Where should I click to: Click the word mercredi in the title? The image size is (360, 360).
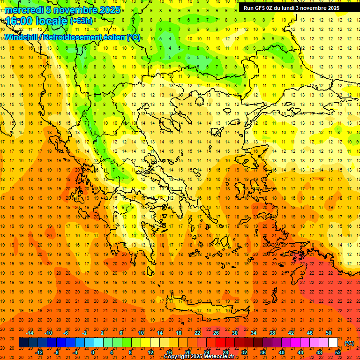(x=24, y=10)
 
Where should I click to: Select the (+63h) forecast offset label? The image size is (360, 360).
(x=81, y=21)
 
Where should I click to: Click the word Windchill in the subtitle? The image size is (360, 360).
(x=21, y=37)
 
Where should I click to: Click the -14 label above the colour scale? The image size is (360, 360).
(x=30, y=333)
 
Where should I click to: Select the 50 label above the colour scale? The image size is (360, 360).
(x=329, y=333)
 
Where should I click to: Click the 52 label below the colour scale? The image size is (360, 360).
(x=338, y=352)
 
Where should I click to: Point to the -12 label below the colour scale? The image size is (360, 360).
(x=39, y=352)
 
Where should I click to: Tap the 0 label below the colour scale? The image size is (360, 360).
(x=93, y=352)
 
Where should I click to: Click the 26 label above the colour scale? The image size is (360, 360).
(x=216, y=333)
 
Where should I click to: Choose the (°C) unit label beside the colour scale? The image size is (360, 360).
(x=349, y=343)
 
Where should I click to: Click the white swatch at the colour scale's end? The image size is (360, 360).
(x=333, y=343)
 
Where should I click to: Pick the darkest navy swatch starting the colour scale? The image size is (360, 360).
(x=23, y=343)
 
